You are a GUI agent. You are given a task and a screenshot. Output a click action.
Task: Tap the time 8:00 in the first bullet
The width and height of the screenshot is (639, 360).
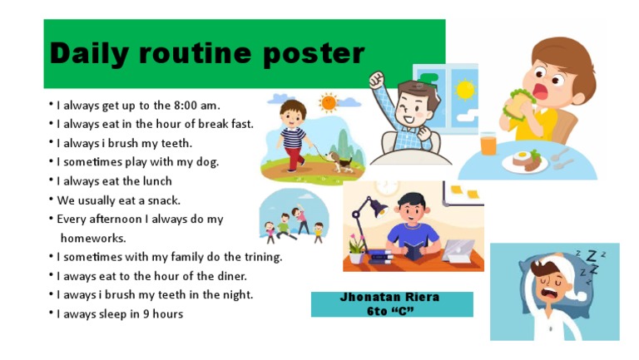coord(185,106)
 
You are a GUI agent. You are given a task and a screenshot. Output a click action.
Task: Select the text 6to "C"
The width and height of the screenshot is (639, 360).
coord(390,311)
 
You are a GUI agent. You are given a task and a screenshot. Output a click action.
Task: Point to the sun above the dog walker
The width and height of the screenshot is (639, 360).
coord(329,102)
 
